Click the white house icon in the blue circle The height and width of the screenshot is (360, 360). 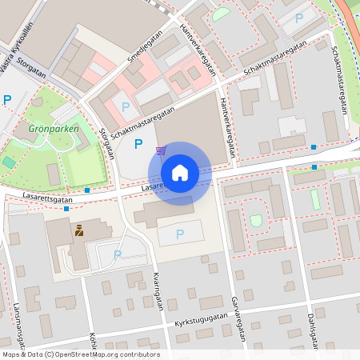pyautogui.click(x=180, y=173)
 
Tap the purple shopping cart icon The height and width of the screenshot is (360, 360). pyautogui.click(x=162, y=150)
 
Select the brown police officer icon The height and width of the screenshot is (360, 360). pyautogui.click(x=79, y=231)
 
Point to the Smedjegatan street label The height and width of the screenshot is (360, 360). pyautogui.click(x=143, y=49)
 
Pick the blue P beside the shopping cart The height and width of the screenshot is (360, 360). pyautogui.click(x=138, y=144)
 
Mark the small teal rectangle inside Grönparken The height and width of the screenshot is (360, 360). pyautogui.click(x=9, y=162)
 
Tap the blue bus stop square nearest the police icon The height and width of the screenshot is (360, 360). pyautogui.click(x=66, y=208)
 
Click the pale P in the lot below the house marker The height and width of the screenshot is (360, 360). pyautogui.click(x=179, y=234)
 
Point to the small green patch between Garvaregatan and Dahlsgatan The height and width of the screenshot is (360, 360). pyautogui.click(x=255, y=220)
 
